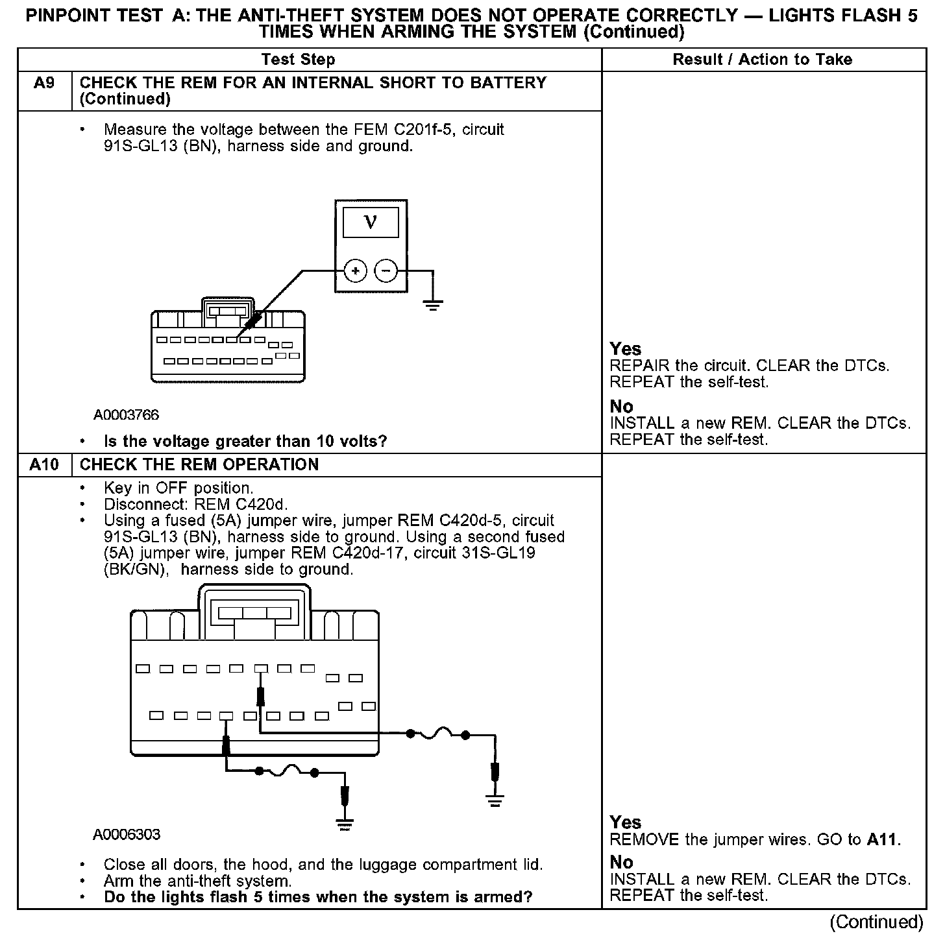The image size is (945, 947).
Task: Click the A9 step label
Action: click(x=43, y=84)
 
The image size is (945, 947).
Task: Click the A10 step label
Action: click(x=43, y=465)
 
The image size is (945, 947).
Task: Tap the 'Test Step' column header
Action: click(x=298, y=60)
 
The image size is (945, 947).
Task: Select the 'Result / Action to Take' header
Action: click(x=762, y=60)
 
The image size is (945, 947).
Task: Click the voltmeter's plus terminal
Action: click(x=355, y=270)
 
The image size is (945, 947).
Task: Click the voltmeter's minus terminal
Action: click(x=386, y=270)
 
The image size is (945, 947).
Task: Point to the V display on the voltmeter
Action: click(x=371, y=223)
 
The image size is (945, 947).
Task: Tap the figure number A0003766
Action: click(x=126, y=415)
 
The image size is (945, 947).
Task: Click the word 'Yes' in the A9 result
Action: click(x=625, y=349)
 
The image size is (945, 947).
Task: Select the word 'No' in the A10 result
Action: click(x=621, y=862)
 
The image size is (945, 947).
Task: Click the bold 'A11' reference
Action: click(x=883, y=840)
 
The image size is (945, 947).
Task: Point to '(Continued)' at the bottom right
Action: click(x=876, y=922)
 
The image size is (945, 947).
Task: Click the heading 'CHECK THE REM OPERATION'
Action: click(x=199, y=465)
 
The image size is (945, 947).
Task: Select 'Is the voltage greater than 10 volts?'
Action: click(x=245, y=442)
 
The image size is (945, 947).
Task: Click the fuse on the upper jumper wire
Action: click(x=438, y=734)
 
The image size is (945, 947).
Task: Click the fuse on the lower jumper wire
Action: click(x=287, y=772)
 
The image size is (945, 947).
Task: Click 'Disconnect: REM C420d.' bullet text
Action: click(x=195, y=504)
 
